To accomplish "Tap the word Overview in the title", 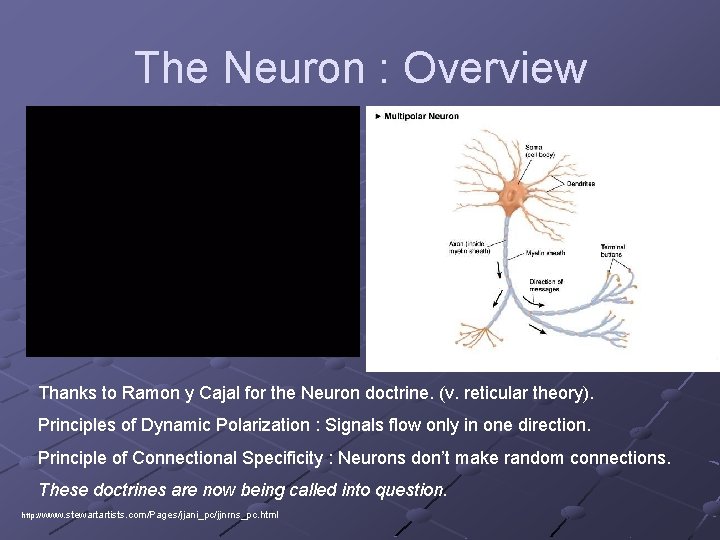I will [x=494, y=68].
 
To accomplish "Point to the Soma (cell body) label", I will [x=540, y=151].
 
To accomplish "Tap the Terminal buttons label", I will [x=612, y=250].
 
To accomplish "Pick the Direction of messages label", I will [x=546, y=285].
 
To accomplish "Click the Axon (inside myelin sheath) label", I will [x=468, y=247].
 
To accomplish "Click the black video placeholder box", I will [x=192, y=230].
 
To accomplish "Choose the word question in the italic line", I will [x=412, y=490].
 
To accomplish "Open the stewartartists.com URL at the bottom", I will [x=150, y=515].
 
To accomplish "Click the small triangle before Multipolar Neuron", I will [x=377, y=116].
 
